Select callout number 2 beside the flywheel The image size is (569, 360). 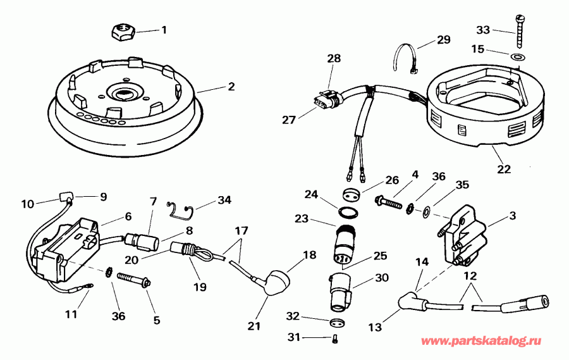point(231,87)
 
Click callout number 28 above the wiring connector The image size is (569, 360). point(334,58)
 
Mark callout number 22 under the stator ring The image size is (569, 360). point(504,169)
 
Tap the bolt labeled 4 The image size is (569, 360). point(390,203)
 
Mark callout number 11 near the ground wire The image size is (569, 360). point(71,313)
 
